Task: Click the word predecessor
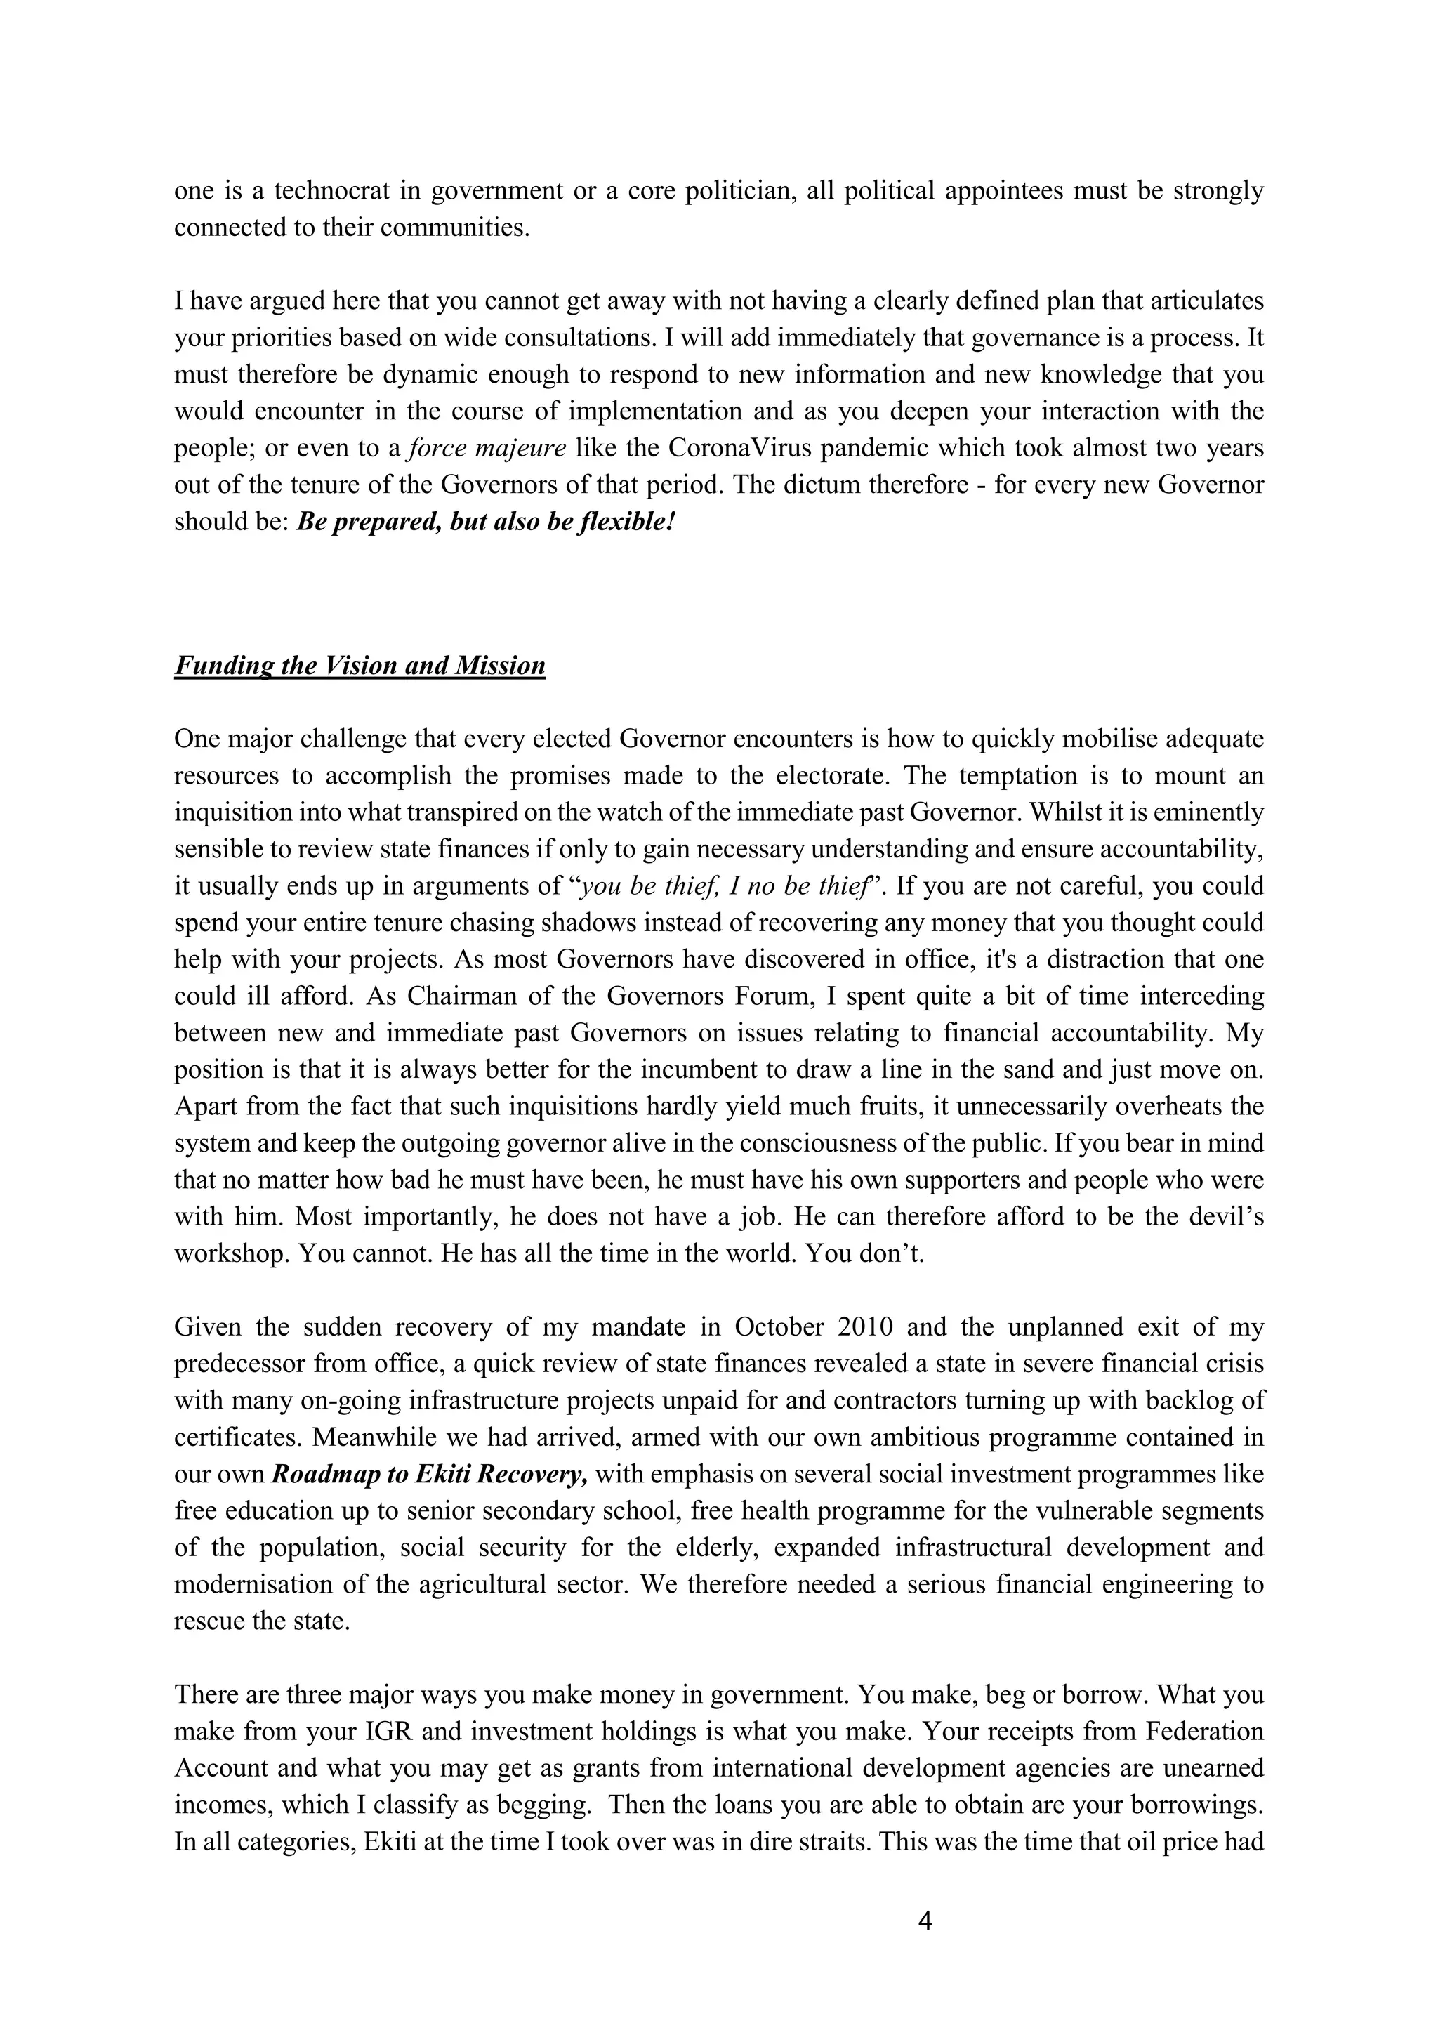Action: (237, 1364)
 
